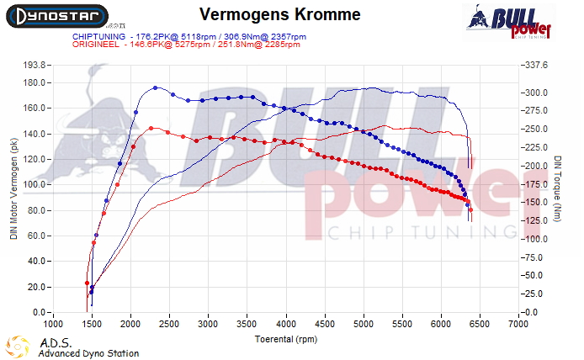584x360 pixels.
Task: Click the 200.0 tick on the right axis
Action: click(536, 166)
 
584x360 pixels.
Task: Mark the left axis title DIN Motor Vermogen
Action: click(13, 188)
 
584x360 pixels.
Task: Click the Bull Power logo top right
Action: click(510, 22)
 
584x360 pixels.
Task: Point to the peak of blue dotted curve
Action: click(156, 87)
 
